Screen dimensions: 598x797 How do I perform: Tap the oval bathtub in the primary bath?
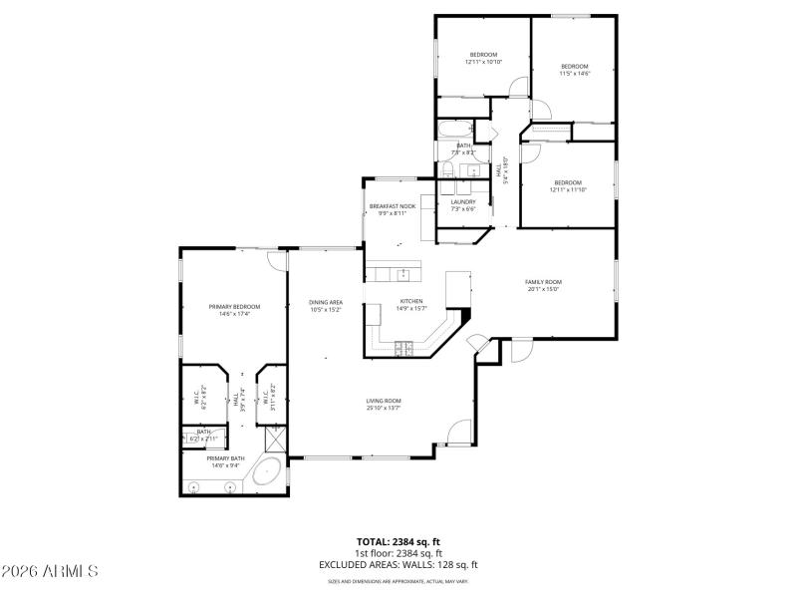coord(266,472)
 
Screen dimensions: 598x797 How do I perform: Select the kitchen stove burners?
coord(404,347)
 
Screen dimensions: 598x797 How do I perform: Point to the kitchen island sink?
coord(404,274)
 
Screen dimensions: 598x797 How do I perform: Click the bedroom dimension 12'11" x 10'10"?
coord(483,62)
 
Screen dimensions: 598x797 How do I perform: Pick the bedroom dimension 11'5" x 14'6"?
coord(574,73)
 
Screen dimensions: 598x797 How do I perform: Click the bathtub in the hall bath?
coord(456,130)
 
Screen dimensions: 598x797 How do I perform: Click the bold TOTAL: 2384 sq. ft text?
coord(398,541)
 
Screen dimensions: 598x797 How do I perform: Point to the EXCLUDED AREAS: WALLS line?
coord(398,564)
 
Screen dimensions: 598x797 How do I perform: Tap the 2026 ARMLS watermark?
coord(50,571)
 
